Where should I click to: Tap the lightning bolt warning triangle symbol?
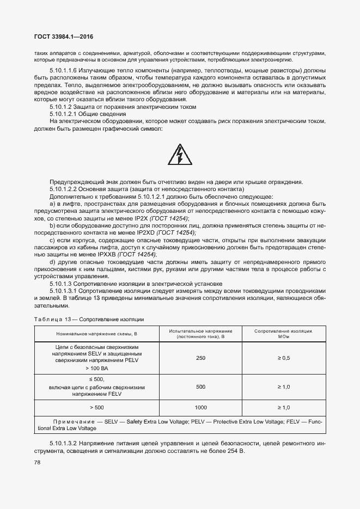point(180,155)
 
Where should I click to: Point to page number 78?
point(38,462)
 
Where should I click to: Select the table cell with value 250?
point(200,358)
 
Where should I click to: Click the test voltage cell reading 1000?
point(200,407)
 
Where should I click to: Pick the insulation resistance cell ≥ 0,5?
point(284,358)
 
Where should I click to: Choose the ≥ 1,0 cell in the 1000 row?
point(284,407)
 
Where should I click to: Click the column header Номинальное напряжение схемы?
point(96,334)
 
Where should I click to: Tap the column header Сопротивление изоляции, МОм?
point(284,334)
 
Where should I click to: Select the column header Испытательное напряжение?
point(200,334)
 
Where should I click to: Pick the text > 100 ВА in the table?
point(96,369)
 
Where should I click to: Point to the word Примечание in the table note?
point(71,422)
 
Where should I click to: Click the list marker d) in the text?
point(52,262)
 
